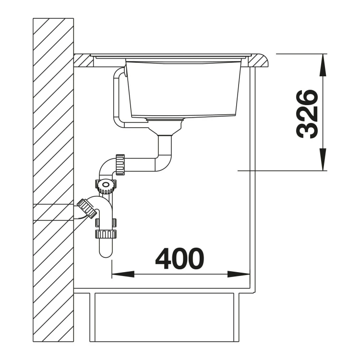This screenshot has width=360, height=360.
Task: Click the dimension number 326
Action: pos(307,114)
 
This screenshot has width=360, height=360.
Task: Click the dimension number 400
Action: pos(180,258)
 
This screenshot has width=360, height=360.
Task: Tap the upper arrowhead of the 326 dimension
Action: pos(323,65)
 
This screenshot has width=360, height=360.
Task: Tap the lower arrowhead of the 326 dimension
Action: pos(323,159)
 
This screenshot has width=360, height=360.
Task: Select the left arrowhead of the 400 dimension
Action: pos(123,274)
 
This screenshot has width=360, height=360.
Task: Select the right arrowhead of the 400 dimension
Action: pos(239,274)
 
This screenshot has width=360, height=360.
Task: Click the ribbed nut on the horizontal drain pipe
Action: pos(120,165)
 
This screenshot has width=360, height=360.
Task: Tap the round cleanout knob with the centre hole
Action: pos(106,185)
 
